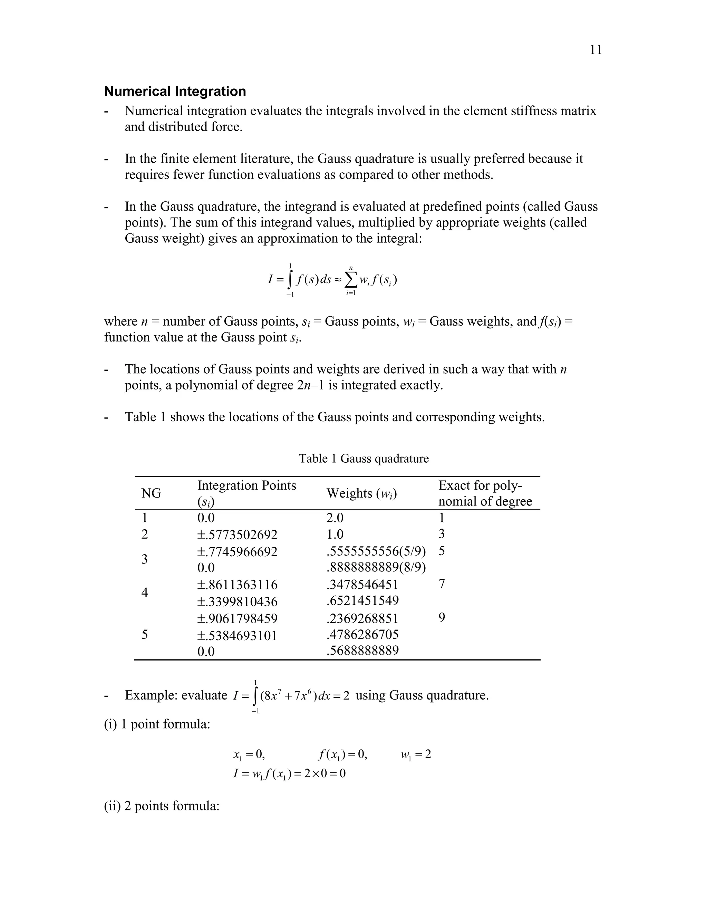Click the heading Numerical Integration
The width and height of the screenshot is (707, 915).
175,91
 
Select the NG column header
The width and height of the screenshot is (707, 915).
151,493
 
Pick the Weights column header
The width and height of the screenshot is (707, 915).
361,493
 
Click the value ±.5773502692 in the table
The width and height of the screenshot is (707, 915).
238,534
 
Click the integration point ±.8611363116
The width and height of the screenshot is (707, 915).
238,585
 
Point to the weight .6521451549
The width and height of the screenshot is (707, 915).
362,601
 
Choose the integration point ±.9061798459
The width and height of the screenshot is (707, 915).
238,619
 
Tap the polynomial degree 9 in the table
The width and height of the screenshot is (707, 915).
442,618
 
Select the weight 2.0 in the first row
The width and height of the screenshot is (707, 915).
335,518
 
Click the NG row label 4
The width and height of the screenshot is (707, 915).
145,593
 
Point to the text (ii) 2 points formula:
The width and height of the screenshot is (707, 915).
162,806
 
